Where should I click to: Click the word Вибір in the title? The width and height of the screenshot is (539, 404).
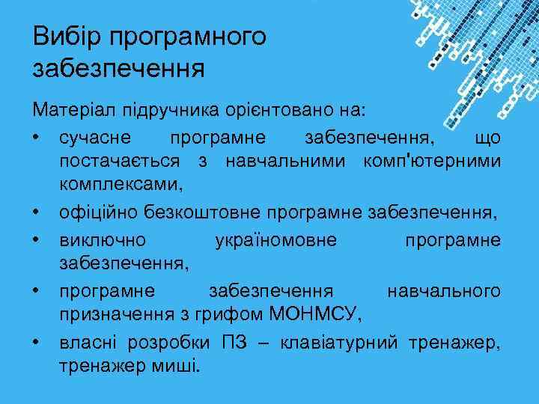[64, 37]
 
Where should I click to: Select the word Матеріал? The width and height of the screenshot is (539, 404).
[65, 111]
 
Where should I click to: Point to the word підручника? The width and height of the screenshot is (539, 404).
[160, 111]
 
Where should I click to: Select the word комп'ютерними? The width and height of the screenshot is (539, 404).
[431, 161]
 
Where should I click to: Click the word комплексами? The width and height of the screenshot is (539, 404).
[121, 183]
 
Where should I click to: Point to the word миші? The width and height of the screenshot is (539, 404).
[179, 367]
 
